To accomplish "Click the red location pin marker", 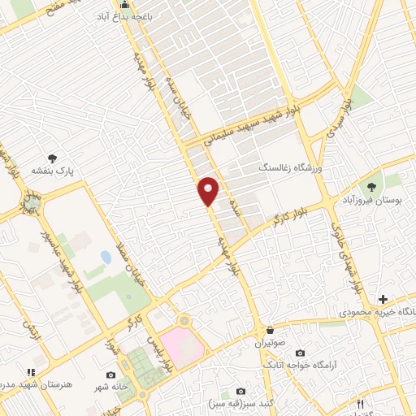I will click(x=209, y=191).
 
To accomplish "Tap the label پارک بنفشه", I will click(x=54, y=172).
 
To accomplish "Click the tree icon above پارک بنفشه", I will click(x=54, y=158).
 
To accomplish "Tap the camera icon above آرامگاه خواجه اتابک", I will click(x=301, y=353).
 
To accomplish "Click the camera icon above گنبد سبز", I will click(x=239, y=391).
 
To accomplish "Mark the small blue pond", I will click(x=106, y=258).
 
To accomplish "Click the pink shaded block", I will click(x=183, y=345).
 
